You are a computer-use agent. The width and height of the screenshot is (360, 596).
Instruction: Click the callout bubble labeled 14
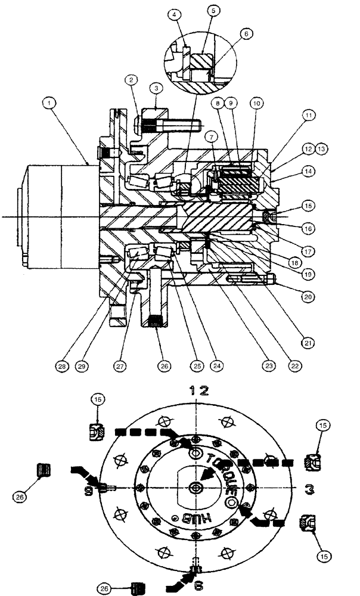click(309, 170)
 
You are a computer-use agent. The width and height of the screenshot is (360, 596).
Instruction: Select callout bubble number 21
click(309, 343)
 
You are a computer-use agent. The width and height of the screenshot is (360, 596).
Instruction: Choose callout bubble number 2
click(131, 79)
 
